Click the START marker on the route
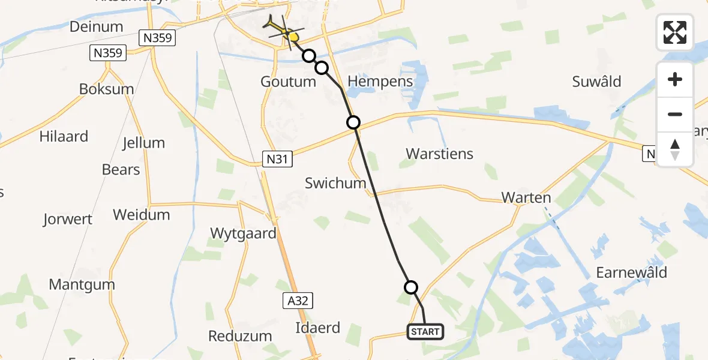(x=425, y=331)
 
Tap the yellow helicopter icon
(x=282, y=28)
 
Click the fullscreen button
(x=674, y=32)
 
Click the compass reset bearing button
(x=674, y=149)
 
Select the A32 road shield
(x=297, y=301)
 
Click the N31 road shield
(x=277, y=159)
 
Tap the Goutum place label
(x=288, y=82)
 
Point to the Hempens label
(x=380, y=82)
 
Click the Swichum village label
(x=335, y=183)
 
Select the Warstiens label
(x=439, y=154)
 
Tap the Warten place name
(x=526, y=198)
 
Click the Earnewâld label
(x=631, y=272)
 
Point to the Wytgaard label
(x=243, y=233)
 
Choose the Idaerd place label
(x=317, y=328)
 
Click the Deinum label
(x=96, y=26)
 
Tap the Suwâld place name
(x=596, y=82)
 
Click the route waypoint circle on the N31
(x=353, y=122)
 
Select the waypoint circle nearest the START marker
(x=411, y=287)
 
